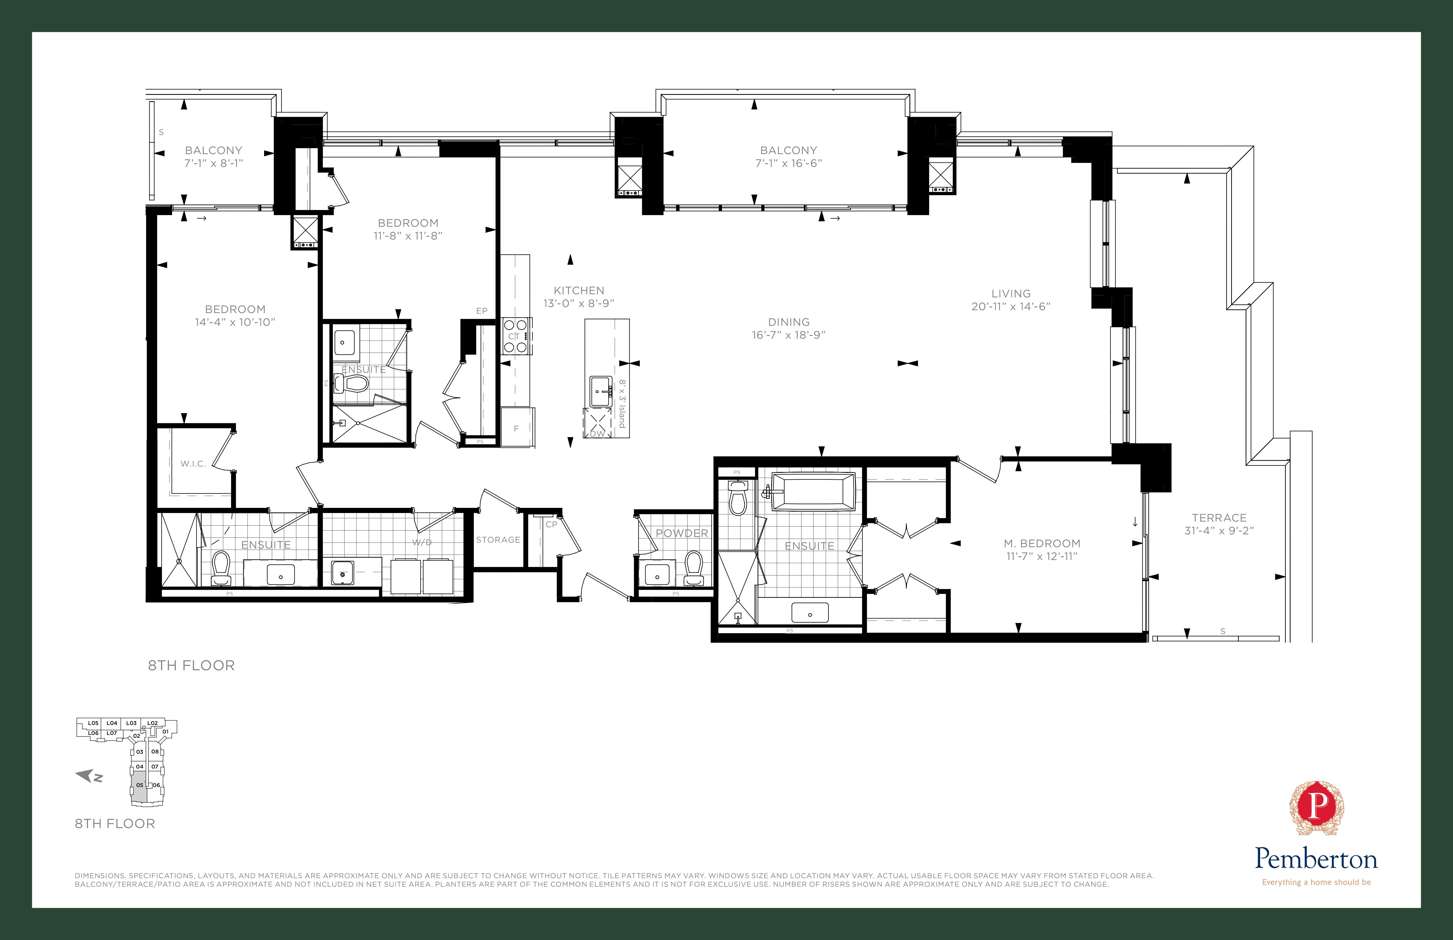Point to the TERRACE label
1219,518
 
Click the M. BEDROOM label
1042,543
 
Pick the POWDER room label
681,533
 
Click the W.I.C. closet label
193,464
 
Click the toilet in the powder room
693,566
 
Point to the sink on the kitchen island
601,391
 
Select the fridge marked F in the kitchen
517,428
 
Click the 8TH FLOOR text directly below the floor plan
191,665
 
